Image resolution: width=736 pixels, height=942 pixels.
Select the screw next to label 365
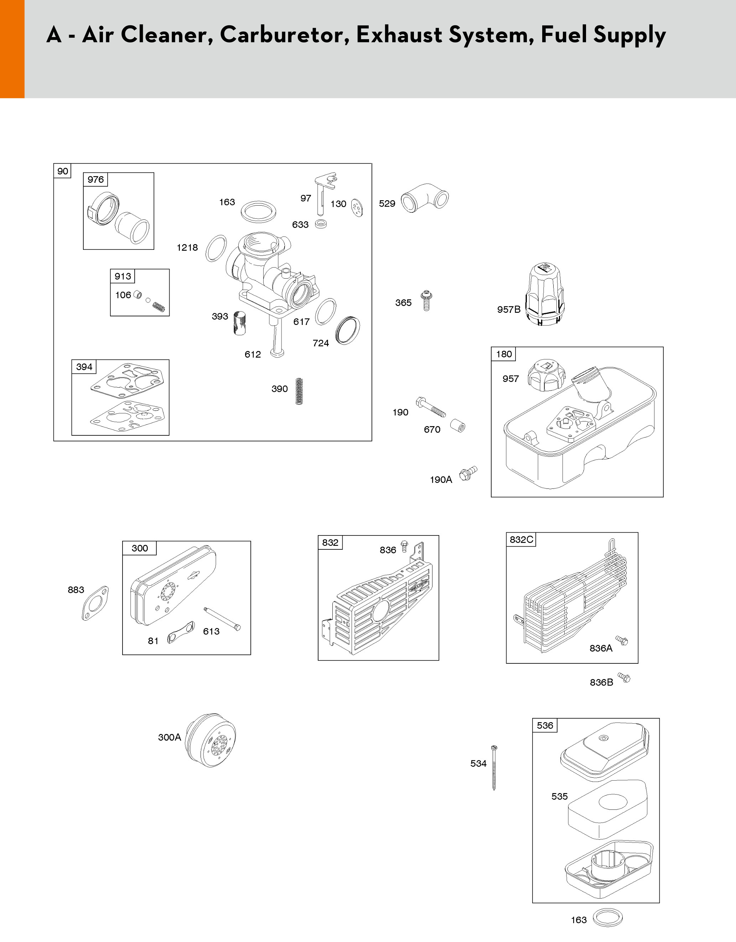click(426, 301)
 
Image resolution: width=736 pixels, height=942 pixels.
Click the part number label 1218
click(187, 248)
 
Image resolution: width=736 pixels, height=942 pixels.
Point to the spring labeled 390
click(299, 391)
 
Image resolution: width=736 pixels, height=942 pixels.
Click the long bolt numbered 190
click(431, 407)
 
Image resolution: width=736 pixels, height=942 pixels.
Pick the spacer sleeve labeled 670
click(458, 426)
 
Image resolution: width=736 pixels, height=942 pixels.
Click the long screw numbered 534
click(494, 767)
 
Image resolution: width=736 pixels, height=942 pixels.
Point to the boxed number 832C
click(521, 539)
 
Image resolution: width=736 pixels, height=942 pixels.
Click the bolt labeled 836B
click(624, 678)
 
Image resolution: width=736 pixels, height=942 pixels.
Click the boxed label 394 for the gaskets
click(84, 367)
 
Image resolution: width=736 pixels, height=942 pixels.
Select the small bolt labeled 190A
click(468, 473)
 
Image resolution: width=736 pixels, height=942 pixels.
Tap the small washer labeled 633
click(321, 224)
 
